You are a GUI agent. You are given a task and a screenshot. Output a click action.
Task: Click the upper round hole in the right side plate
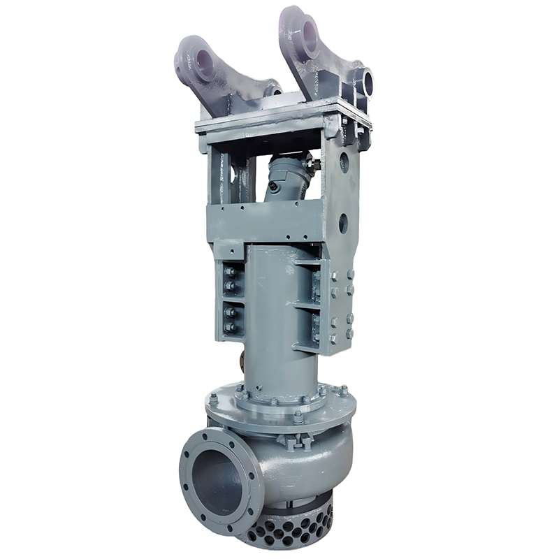(x=344, y=163)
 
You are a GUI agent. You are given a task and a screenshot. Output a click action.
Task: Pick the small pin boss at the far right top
(x=367, y=83)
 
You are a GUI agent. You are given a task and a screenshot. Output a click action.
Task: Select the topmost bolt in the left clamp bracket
(x=228, y=272)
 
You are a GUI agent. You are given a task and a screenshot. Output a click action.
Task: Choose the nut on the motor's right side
(x=317, y=166)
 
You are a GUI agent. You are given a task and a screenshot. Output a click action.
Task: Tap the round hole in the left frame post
(x=222, y=166)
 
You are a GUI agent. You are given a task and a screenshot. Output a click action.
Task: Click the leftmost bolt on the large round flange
(x=213, y=399)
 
